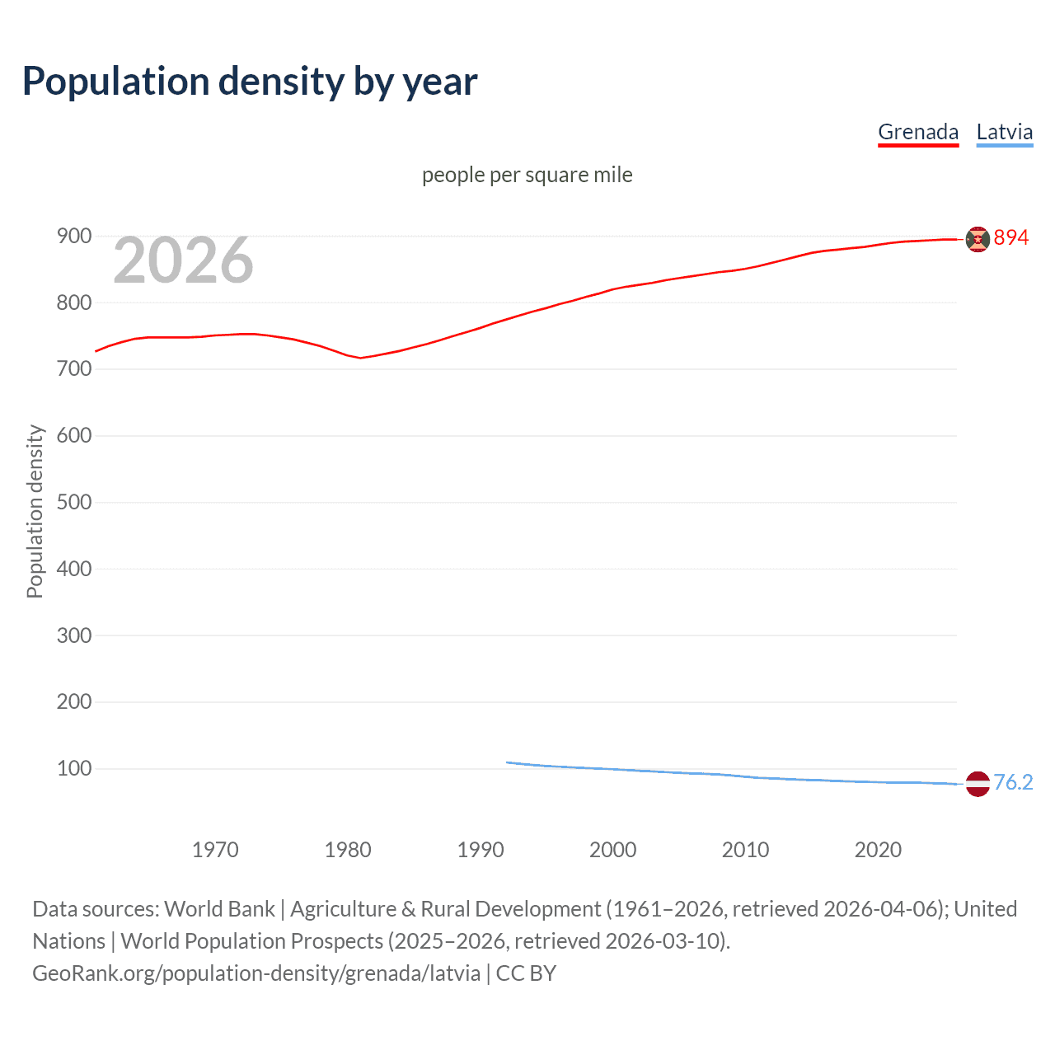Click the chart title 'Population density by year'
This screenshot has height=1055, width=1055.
pyautogui.click(x=250, y=82)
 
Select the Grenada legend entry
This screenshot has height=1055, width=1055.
pyautogui.click(x=918, y=132)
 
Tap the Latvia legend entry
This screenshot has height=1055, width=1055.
pyautogui.click(x=1004, y=132)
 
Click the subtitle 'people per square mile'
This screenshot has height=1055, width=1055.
pyautogui.click(x=527, y=175)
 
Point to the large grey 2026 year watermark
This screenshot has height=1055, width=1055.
pyautogui.click(x=183, y=260)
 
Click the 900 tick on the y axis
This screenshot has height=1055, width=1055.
pyautogui.click(x=74, y=237)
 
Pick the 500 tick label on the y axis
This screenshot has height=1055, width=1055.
pyautogui.click(x=74, y=502)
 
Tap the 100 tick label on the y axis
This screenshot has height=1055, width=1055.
pyautogui.click(x=74, y=768)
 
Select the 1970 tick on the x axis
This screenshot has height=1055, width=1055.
pyautogui.click(x=215, y=850)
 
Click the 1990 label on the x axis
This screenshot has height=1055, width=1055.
pyautogui.click(x=481, y=850)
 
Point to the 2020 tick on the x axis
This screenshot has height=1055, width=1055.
pyautogui.click(x=878, y=850)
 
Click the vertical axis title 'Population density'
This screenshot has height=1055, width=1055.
pyautogui.click(x=35, y=511)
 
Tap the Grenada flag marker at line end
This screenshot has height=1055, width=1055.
pyautogui.click(x=978, y=239)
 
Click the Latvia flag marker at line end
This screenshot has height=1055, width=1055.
pyautogui.click(x=978, y=784)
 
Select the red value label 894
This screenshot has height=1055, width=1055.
pyautogui.click(x=1011, y=237)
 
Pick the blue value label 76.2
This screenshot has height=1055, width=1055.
pyautogui.click(x=1013, y=782)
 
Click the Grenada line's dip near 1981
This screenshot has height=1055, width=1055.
pyautogui.click(x=360, y=358)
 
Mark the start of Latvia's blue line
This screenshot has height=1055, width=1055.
pyautogui.click(x=508, y=762)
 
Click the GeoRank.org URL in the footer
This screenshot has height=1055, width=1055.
pyautogui.click(x=256, y=973)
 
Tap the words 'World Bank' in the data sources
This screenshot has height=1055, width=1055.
pyautogui.click(x=219, y=908)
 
